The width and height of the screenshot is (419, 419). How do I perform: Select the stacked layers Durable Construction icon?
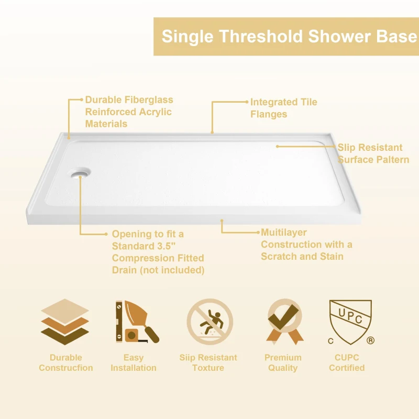(65, 322)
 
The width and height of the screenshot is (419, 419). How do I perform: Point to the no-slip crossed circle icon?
(210, 322)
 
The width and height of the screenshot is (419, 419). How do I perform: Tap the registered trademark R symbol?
(371, 340)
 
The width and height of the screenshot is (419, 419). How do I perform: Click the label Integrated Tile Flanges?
(283, 108)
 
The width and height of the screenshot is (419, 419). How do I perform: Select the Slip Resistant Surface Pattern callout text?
(373, 153)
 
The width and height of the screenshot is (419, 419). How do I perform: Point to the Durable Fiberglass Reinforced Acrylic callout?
(129, 112)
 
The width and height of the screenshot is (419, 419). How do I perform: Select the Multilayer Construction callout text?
(306, 244)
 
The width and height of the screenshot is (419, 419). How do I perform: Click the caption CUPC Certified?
(347, 362)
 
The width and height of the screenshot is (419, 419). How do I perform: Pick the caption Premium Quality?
(283, 362)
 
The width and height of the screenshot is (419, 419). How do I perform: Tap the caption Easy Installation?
(133, 362)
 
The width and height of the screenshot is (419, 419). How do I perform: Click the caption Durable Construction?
(65, 362)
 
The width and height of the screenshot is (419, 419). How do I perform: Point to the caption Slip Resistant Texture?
(208, 362)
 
